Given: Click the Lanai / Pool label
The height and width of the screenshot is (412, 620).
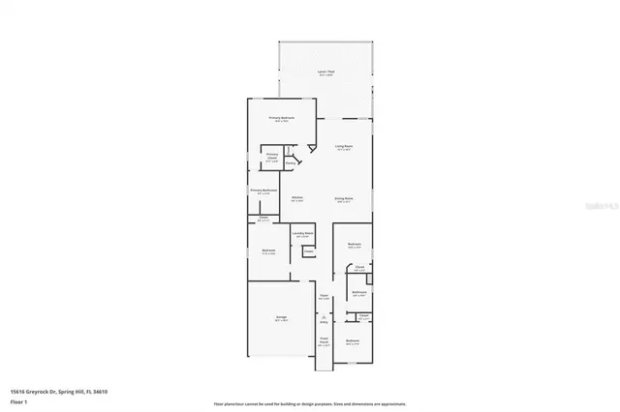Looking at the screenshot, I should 325,73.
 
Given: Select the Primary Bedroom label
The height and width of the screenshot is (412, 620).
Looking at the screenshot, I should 281,118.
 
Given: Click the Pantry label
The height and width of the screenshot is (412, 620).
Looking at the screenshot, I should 290,163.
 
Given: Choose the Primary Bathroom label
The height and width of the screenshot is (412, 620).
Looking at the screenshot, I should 263,191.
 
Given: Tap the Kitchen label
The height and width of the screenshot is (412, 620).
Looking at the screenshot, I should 297,198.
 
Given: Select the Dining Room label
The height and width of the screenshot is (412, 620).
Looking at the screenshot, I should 344,199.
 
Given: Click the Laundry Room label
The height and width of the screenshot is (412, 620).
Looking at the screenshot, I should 302,234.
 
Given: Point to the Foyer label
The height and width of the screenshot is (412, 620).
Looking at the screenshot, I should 325,297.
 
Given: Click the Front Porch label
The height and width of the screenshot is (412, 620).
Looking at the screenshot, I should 325,341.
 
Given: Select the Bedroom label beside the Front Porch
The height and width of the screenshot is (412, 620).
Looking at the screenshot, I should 353,341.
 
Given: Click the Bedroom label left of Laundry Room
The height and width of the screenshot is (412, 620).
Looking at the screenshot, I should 268,251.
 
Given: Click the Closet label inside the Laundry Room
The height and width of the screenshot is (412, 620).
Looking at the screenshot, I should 307,251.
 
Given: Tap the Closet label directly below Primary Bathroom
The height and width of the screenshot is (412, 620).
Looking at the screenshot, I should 263,218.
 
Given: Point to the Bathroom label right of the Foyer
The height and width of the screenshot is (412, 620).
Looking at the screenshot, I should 358,293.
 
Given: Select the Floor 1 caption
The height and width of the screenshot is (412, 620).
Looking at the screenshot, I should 17,400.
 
